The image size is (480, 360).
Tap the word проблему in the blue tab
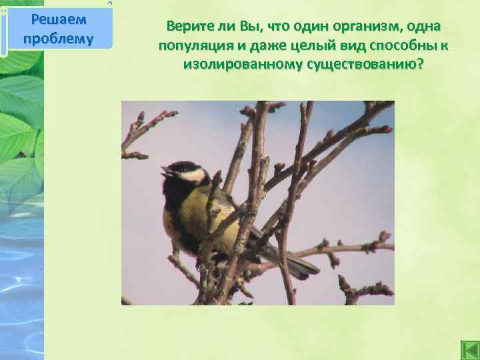coord(59,37)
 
